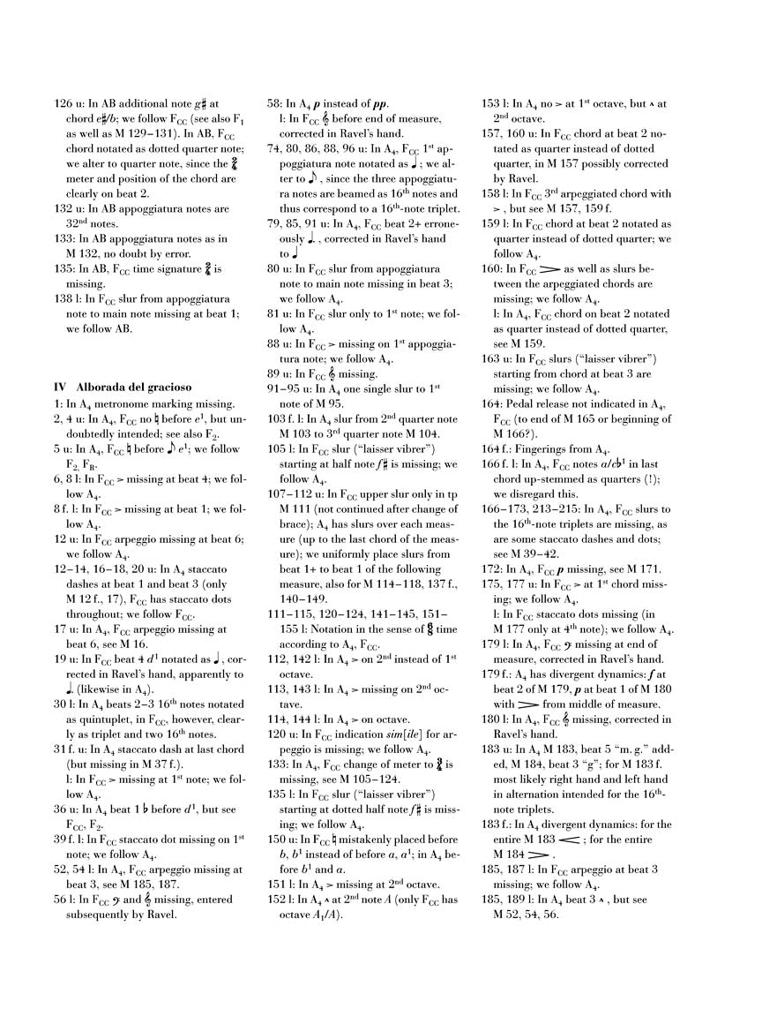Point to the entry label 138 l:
pyautogui.click(x=70, y=299)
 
